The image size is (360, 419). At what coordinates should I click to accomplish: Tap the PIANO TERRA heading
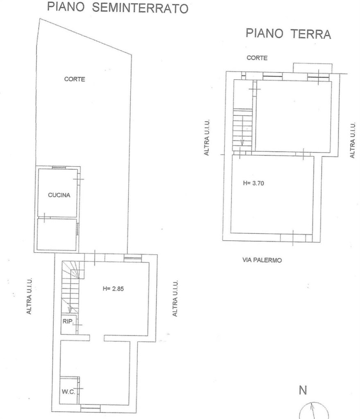click(288, 34)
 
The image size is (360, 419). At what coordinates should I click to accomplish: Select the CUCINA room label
click(59, 195)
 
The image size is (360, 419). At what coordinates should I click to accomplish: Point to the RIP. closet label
click(68, 322)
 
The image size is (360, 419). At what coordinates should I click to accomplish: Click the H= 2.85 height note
click(113, 288)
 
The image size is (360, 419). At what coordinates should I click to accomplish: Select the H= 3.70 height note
click(254, 183)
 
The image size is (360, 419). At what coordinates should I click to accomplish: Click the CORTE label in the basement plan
click(75, 79)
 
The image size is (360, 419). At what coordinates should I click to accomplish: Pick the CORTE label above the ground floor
click(257, 58)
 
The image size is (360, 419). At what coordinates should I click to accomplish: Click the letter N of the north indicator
click(303, 391)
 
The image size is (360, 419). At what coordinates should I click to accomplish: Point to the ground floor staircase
click(242, 129)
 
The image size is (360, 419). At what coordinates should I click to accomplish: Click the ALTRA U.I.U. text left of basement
click(29, 296)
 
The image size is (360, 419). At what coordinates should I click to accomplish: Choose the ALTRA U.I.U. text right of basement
click(175, 298)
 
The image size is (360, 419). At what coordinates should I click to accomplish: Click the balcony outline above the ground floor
click(312, 68)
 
